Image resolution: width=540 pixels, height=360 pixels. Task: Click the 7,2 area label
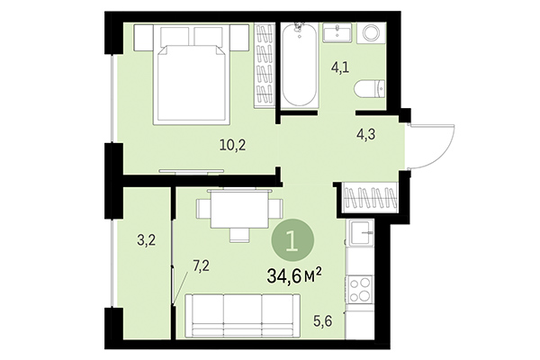click(x=202, y=265)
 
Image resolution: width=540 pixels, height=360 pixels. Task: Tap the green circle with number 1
click(x=293, y=241)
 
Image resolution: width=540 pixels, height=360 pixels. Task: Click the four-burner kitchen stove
click(x=362, y=290)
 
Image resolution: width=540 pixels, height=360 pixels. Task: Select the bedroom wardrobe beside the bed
click(x=264, y=67)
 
